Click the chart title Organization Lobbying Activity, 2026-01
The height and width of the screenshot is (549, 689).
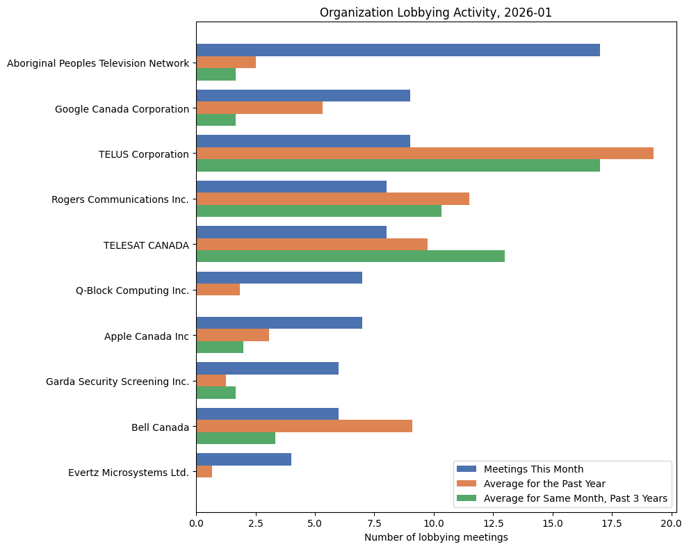point(435,13)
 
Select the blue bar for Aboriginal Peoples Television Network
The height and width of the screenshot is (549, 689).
point(398,50)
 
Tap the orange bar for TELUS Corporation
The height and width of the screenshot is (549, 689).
point(425,153)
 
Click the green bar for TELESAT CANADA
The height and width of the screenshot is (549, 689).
point(350,256)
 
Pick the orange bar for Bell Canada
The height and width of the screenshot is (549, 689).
point(305,426)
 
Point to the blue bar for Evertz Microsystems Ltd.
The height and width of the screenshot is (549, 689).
point(244,459)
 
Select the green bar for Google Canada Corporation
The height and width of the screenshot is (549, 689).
point(216,120)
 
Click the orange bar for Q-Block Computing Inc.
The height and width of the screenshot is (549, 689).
point(218,290)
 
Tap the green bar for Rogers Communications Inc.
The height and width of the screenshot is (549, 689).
point(319,211)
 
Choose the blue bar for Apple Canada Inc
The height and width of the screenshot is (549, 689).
point(279,323)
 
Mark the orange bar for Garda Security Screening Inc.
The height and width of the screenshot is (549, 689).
point(211,381)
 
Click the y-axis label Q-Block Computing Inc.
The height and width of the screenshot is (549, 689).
point(132,290)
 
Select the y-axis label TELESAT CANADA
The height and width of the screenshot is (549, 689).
point(146,245)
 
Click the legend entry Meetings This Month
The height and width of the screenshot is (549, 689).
point(533,468)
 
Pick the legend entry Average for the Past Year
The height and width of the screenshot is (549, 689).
point(544,483)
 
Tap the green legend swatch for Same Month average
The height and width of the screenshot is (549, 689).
point(467,498)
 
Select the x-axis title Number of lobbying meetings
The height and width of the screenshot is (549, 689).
point(435,537)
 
